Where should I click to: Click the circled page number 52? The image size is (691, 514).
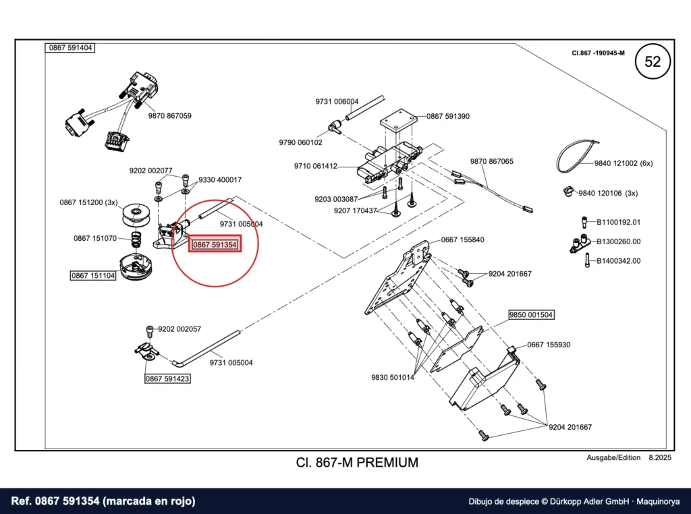653,61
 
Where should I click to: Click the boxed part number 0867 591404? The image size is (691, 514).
70,48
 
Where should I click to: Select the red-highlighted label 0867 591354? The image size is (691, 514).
215,244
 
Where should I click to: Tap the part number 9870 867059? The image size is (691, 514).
169,116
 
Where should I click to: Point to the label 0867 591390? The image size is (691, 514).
448,116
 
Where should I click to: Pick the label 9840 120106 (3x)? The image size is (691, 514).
608,193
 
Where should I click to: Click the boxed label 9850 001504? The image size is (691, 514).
530,314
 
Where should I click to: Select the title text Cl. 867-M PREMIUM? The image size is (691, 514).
357,463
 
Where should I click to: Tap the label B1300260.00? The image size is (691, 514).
618,241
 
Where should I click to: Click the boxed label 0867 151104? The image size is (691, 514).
93,276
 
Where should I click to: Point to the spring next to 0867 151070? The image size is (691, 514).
136,239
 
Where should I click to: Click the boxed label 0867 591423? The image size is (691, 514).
167,378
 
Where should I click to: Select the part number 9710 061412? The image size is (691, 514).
316,166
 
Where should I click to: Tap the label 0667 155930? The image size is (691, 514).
549,345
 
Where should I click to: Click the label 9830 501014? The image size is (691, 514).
393,377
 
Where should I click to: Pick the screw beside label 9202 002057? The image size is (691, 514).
150,331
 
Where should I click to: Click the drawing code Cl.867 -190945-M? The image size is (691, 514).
598,53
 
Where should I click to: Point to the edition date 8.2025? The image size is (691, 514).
660,457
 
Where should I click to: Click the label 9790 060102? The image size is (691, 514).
300,143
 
